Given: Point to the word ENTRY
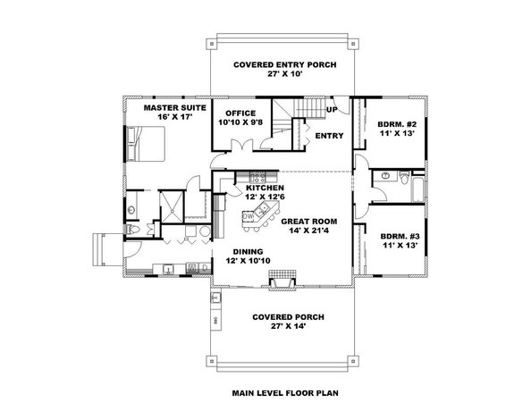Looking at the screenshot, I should [x=330, y=135].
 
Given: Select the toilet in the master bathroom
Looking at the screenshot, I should [x=131, y=231].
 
